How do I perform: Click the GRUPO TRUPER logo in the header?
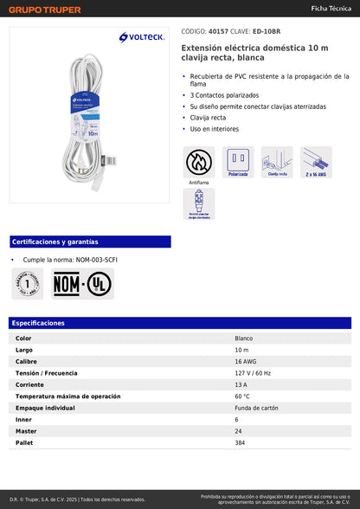click(x=45, y=9)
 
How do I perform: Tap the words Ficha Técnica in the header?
click(x=331, y=8)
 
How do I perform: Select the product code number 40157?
click(x=219, y=29)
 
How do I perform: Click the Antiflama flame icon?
click(x=198, y=161)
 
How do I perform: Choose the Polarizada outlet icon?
click(x=238, y=161)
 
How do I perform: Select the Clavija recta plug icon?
click(x=277, y=161)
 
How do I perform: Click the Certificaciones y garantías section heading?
click(x=55, y=242)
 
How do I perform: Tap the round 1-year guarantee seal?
click(x=27, y=283)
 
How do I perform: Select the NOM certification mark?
click(x=68, y=283)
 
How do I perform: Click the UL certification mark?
click(x=99, y=283)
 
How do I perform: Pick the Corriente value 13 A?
click(x=241, y=383)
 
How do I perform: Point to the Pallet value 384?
click(x=241, y=442)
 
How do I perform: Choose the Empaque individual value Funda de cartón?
click(x=256, y=407)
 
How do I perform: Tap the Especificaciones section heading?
click(x=39, y=323)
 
